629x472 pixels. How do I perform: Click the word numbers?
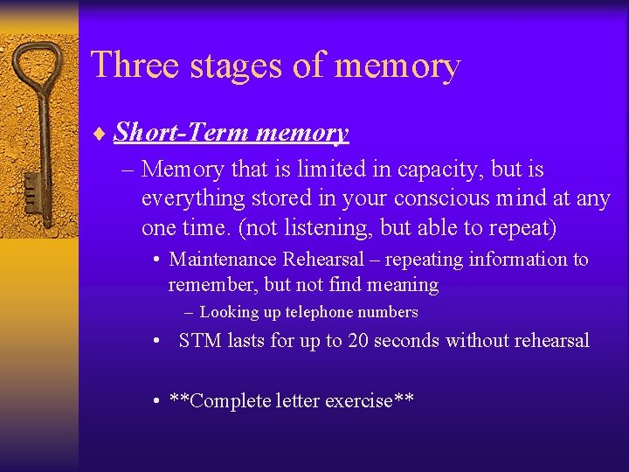tap(387, 312)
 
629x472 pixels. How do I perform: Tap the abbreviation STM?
tap(200, 341)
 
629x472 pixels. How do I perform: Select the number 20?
tap(358, 341)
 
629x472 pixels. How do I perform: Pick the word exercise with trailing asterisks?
tap(369, 401)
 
